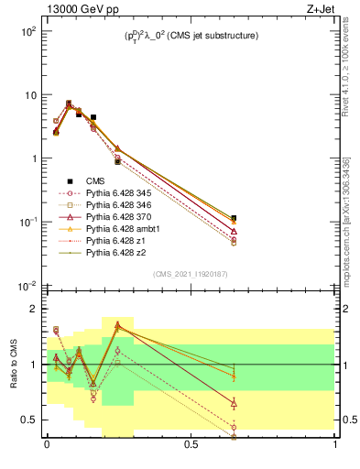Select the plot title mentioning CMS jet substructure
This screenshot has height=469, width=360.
pyautogui.click(x=191, y=36)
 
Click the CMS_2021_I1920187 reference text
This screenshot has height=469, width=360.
pyautogui.click(x=191, y=274)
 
